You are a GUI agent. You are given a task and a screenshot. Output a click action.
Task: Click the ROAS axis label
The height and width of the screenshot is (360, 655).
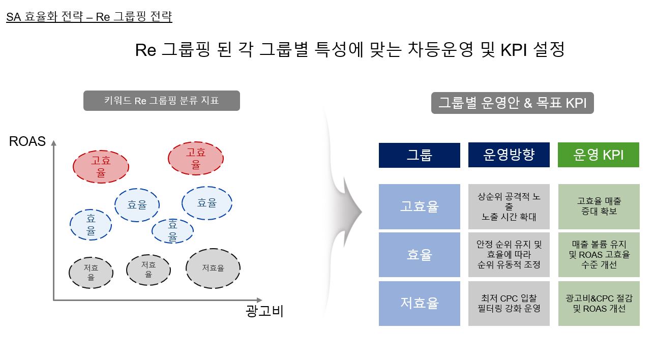[x=27, y=141]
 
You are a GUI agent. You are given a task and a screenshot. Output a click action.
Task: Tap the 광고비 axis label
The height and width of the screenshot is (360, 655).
[x=264, y=311]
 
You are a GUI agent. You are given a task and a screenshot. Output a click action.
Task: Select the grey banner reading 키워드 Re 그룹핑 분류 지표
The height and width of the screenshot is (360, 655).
[x=162, y=101]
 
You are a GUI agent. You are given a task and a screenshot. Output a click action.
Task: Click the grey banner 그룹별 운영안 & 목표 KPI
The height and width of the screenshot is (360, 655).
[x=512, y=103]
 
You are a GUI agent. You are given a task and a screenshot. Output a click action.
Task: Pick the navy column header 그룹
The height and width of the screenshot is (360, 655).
[x=420, y=155]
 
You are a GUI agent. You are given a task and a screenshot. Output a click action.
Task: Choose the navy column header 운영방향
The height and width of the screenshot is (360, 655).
[x=509, y=155]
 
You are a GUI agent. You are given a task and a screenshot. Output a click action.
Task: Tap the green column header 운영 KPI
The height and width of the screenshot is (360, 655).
[x=598, y=155]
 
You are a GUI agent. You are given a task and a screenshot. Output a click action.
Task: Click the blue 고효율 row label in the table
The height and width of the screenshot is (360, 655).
[x=420, y=206]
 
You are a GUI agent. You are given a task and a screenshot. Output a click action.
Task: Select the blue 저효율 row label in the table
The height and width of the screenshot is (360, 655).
[x=420, y=303]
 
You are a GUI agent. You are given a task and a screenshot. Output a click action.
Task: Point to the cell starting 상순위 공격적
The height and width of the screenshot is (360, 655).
[x=509, y=206]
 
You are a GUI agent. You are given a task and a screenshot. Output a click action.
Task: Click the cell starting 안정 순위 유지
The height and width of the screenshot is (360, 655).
[x=509, y=254]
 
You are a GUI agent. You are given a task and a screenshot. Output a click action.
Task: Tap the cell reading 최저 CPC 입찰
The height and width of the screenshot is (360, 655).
[x=509, y=303]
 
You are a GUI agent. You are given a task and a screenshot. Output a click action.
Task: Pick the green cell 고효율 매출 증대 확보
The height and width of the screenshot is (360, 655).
[x=599, y=206]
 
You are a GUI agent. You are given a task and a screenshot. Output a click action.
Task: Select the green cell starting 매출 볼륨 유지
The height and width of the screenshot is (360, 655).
[x=599, y=254]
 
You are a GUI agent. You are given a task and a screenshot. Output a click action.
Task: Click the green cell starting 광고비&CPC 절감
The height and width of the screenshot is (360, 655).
[x=599, y=303]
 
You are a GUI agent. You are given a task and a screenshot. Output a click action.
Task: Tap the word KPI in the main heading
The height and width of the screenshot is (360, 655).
[x=514, y=50]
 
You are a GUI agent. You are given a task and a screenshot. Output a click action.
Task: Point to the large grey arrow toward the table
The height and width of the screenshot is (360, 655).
[x=345, y=212]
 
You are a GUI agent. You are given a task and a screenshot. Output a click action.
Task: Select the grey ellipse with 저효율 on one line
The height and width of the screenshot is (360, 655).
[x=213, y=268]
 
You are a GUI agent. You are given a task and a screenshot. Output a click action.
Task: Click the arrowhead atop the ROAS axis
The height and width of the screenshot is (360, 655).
[x=53, y=143]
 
